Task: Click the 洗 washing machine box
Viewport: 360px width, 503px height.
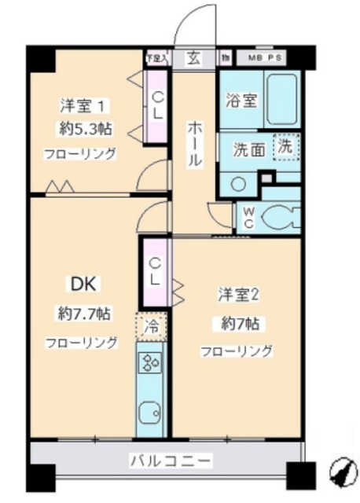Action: tap(286, 146)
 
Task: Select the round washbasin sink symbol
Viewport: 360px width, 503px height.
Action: tap(239, 182)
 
